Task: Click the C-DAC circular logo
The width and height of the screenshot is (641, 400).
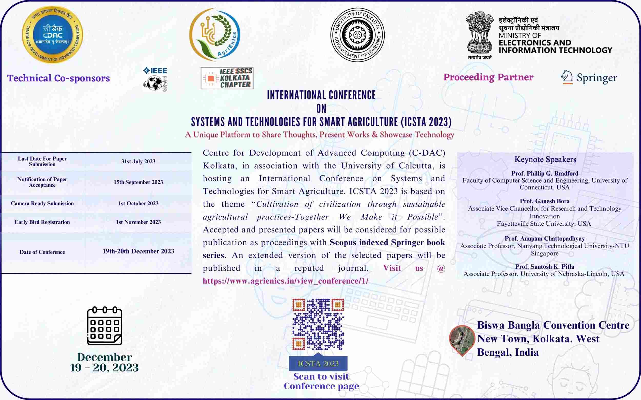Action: tap(53, 35)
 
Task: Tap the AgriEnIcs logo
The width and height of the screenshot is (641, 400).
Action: tap(215, 35)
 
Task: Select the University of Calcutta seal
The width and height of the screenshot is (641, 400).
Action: tap(357, 35)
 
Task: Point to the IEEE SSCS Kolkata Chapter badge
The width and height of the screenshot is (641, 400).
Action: tap(227, 78)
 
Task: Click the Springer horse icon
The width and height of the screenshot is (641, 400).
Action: tap(567, 77)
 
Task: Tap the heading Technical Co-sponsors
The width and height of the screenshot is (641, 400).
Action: tap(58, 78)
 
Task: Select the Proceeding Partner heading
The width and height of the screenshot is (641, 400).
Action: tap(488, 77)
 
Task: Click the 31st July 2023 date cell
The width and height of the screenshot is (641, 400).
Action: tap(138, 161)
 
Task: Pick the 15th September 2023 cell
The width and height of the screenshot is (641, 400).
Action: tap(138, 182)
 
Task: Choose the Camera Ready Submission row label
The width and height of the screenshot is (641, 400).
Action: tap(42, 203)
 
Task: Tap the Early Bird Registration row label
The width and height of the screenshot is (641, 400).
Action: tap(42, 222)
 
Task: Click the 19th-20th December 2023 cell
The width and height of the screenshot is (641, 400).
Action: tap(138, 251)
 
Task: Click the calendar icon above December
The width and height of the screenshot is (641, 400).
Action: tap(105, 326)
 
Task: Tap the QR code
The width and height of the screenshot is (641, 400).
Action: tap(318, 324)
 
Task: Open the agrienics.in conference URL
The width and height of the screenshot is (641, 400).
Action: tap(286, 281)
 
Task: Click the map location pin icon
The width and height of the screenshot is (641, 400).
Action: tap(462, 340)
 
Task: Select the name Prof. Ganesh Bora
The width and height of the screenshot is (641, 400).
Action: tap(545, 201)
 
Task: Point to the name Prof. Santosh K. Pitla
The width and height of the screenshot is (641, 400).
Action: tap(545, 267)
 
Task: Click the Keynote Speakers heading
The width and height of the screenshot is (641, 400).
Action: tap(545, 160)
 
